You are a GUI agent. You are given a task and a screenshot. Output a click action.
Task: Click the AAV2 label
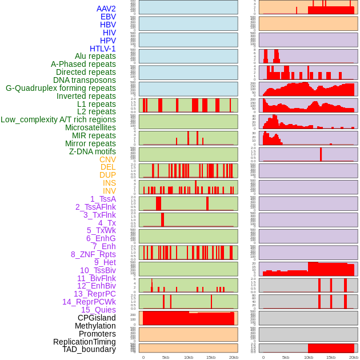[106, 9]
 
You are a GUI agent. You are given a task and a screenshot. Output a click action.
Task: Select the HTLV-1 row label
[102, 49]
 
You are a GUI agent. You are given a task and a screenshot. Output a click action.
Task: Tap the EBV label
[107, 17]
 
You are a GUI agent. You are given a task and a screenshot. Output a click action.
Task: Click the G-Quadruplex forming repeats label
[61, 88]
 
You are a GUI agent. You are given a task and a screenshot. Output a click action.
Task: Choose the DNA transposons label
[85, 80]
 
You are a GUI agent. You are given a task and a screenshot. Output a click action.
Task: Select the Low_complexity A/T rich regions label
[58, 119]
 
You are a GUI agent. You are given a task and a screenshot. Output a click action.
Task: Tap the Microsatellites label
[90, 127]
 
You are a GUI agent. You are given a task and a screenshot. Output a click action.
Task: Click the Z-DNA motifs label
[92, 151]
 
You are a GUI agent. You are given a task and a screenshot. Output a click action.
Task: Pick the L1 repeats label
[96, 104]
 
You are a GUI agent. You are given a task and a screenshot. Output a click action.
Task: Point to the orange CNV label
[107, 159]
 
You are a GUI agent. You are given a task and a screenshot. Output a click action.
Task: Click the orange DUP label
[107, 175]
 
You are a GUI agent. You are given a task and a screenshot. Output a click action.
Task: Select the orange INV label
[109, 191]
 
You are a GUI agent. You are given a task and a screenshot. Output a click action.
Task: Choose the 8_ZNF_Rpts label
[93, 254]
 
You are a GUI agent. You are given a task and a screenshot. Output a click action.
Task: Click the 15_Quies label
[98, 310]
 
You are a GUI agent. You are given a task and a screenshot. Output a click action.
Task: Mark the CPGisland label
[97, 318]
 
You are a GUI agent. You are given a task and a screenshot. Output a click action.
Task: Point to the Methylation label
[95, 326]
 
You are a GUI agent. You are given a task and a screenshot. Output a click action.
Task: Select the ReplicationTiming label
[84, 342]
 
